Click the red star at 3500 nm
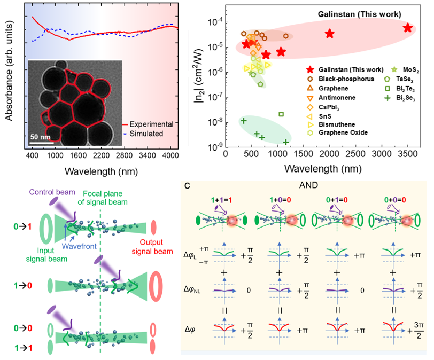click(408, 28)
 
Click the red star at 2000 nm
click(330, 34)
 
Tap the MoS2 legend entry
click(404, 69)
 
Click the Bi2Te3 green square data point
click(281, 114)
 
